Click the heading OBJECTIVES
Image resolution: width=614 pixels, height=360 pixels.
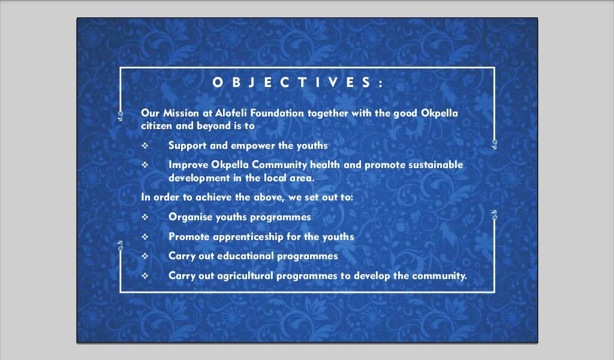[297, 82]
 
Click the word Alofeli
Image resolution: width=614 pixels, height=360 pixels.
[231, 113]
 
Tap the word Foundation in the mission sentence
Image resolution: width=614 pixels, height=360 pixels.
[277, 113]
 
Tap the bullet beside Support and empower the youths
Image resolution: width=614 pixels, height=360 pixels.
[145, 145]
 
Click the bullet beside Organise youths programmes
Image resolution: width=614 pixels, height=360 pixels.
[145, 217]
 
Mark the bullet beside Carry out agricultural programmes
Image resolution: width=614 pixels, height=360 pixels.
[145, 275]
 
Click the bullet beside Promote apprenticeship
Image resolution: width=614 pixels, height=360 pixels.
[145, 236]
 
